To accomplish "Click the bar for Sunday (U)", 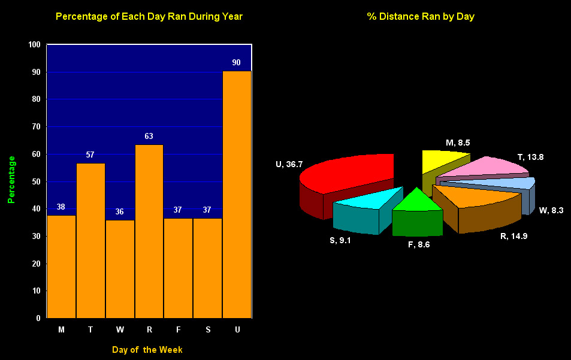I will (x=237, y=195).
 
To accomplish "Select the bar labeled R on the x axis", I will (x=149, y=231).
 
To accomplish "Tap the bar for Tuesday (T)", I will (x=90, y=240).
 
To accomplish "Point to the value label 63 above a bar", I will (x=149, y=137).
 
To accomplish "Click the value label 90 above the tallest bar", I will (x=236, y=63).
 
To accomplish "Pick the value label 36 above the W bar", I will (x=120, y=212).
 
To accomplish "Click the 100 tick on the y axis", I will (x=34, y=45).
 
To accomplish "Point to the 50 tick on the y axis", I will (x=36, y=181).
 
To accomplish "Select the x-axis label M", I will (x=62, y=330).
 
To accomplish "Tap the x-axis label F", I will (x=179, y=330).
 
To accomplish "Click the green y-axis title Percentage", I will (x=11, y=179).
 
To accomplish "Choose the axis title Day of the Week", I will (x=147, y=350).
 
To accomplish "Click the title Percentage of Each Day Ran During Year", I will (x=149, y=17).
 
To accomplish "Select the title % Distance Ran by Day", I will (x=421, y=17).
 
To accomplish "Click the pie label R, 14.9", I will (x=513, y=236).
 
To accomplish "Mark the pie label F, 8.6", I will (x=419, y=244).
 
